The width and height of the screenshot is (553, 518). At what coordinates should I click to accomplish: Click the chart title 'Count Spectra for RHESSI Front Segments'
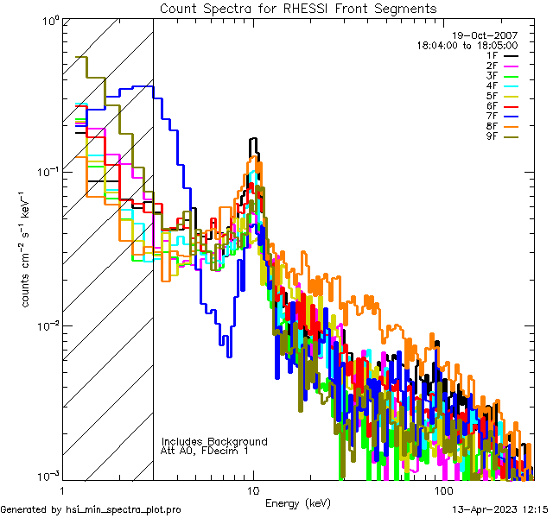coord(298,8)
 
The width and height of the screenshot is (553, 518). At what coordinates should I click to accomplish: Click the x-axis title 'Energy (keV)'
coord(296,502)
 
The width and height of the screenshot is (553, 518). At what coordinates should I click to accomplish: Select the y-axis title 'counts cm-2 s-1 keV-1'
coord(27,250)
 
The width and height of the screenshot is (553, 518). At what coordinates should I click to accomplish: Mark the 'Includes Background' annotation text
coord(214,442)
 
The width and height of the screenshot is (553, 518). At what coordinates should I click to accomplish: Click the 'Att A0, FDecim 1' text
coord(205,452)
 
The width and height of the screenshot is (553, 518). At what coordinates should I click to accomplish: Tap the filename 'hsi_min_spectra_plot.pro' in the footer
coord(124,510)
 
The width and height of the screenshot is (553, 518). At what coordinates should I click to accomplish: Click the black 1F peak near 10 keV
coord(253,140)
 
